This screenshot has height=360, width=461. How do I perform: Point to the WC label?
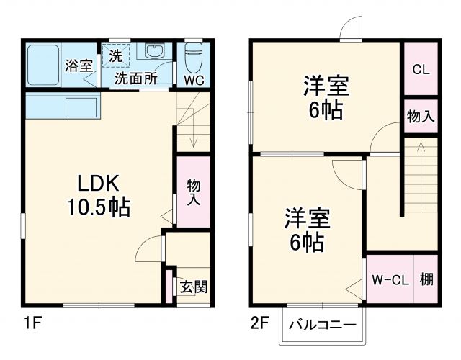click(x=194, y=80)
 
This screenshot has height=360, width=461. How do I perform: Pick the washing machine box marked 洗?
click(x=116, y=54)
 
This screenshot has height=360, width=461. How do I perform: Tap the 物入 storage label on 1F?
click(x=194, y=192)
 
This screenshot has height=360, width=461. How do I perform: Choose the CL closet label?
click(x=421, y=69)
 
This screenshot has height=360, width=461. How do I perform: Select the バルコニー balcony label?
click(x=323, y=325)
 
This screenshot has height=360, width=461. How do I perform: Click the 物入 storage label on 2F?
click(x=421, y=116)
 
